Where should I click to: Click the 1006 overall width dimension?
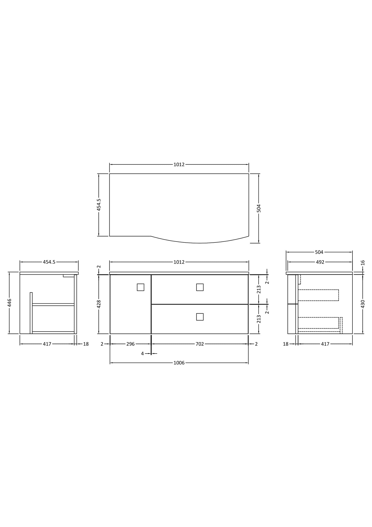coord(179,363)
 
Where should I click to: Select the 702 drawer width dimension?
coord(200,344)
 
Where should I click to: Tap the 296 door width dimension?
coord(131,344)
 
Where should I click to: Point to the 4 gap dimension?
coord(142,354)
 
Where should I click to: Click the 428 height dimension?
coord(99,304)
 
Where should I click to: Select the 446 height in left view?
coord(9,303)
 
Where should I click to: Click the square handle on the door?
coord(140,287)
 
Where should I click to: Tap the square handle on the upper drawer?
coord(200,287)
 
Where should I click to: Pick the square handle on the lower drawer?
coord(200,317)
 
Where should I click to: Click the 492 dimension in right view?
coord(320,262)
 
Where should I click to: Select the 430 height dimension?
coord(363,304)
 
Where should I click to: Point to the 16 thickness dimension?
coord(363,263)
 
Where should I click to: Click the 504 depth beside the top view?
coord(259,208)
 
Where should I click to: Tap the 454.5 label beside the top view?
coord(99,205)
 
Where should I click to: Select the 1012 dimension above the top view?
coord(179,164)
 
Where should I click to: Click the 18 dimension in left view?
coord(86,344)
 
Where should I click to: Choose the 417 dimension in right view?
coord(325,344)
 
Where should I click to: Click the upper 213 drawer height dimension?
coord(259,289)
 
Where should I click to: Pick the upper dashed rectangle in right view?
coord(318,295)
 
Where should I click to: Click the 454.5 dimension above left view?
coord(49,262)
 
